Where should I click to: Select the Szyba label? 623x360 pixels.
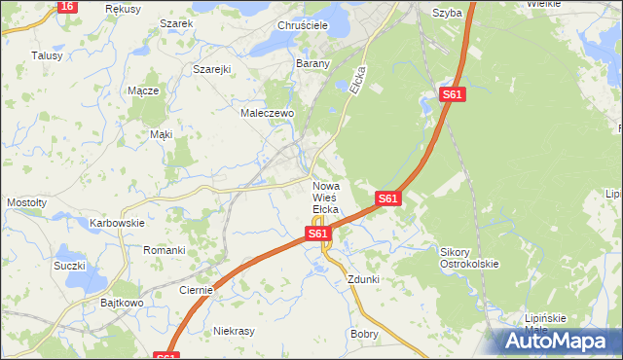[x=446, y=13]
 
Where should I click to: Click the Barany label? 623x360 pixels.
[x=313, y=63]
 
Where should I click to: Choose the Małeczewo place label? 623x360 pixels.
[x=268, y=113]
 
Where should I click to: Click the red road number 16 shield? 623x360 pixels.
[x=65, y=6]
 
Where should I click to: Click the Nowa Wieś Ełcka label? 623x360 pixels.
[x=325, y=198]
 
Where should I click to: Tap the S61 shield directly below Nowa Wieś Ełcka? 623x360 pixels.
[x=317, y=234]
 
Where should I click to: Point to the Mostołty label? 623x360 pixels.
[x=26, y=202]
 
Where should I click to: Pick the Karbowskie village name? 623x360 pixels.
[x=117, y=223]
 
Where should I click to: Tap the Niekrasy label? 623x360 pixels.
[x=234, y=331]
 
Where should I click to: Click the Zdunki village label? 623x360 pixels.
[x=363, y=279]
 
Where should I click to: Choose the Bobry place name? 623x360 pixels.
[x=364, y=333]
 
